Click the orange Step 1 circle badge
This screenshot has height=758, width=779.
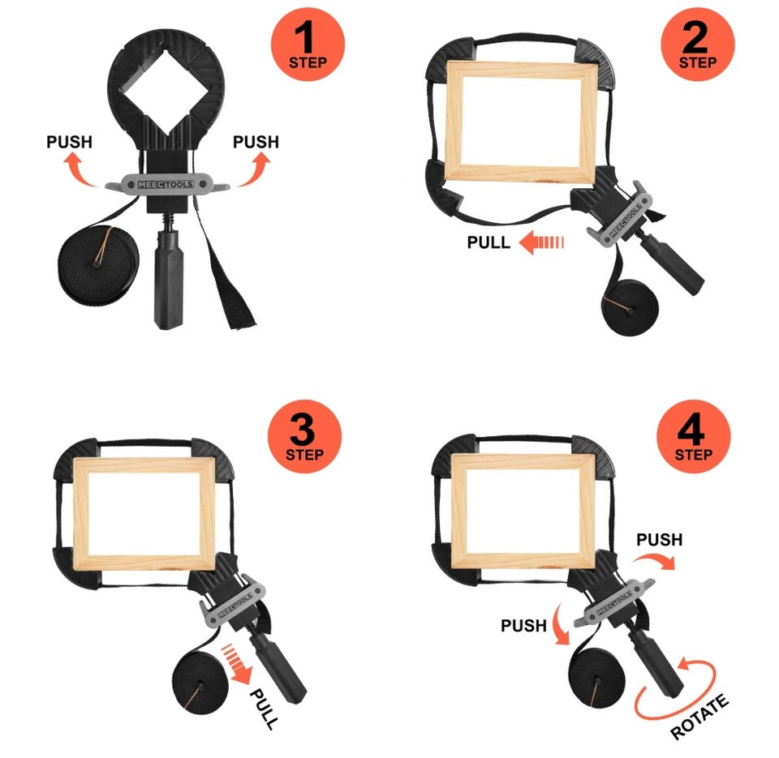(308, 44)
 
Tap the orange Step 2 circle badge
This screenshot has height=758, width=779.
(698, 44)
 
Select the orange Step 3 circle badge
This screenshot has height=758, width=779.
(304, 436)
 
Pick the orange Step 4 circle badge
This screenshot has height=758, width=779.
(694, 436)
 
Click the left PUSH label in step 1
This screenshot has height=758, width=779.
(70, 142)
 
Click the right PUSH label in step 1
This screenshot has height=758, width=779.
(256, 142)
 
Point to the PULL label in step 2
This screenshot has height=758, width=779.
(488, 242)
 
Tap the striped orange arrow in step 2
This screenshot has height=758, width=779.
(541, 242)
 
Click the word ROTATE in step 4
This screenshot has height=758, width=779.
(699, 717)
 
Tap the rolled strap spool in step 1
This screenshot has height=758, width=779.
(98, 265)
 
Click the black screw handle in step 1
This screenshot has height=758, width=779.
(169, 278)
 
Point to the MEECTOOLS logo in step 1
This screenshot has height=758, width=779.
(166, 184)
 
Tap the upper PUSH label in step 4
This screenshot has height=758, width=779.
(659, 540)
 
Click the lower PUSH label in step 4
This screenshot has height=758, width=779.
(523, 626)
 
